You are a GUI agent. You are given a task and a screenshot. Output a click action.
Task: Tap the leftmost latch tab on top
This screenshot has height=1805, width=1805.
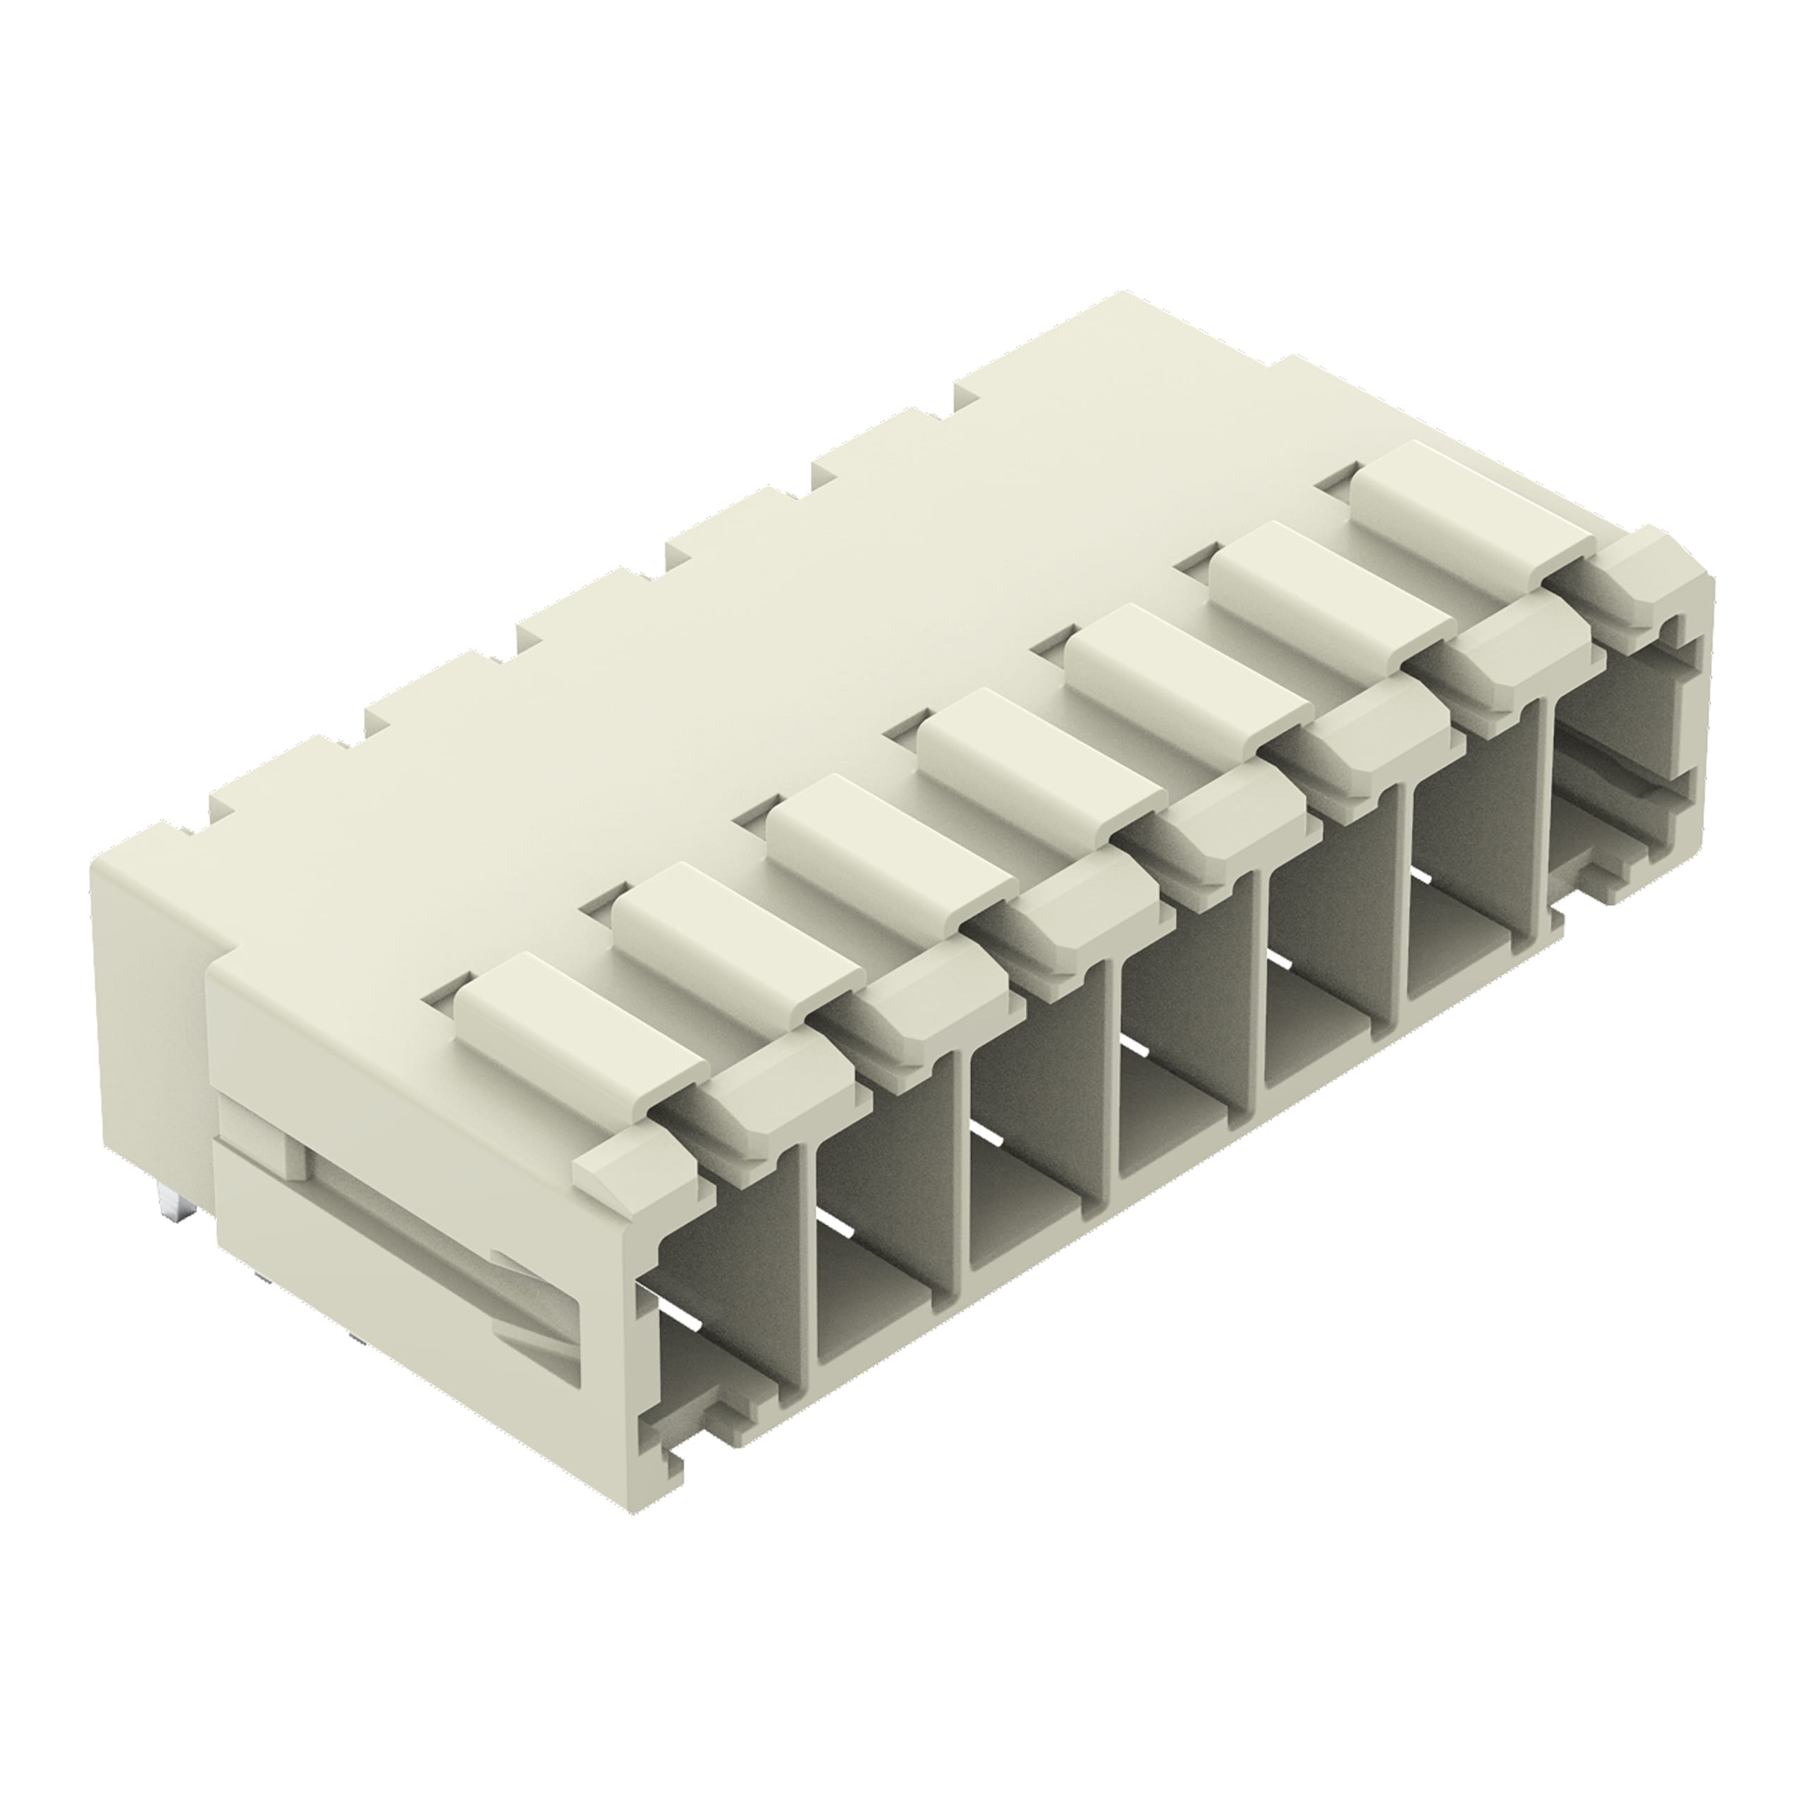[580, 1018]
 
